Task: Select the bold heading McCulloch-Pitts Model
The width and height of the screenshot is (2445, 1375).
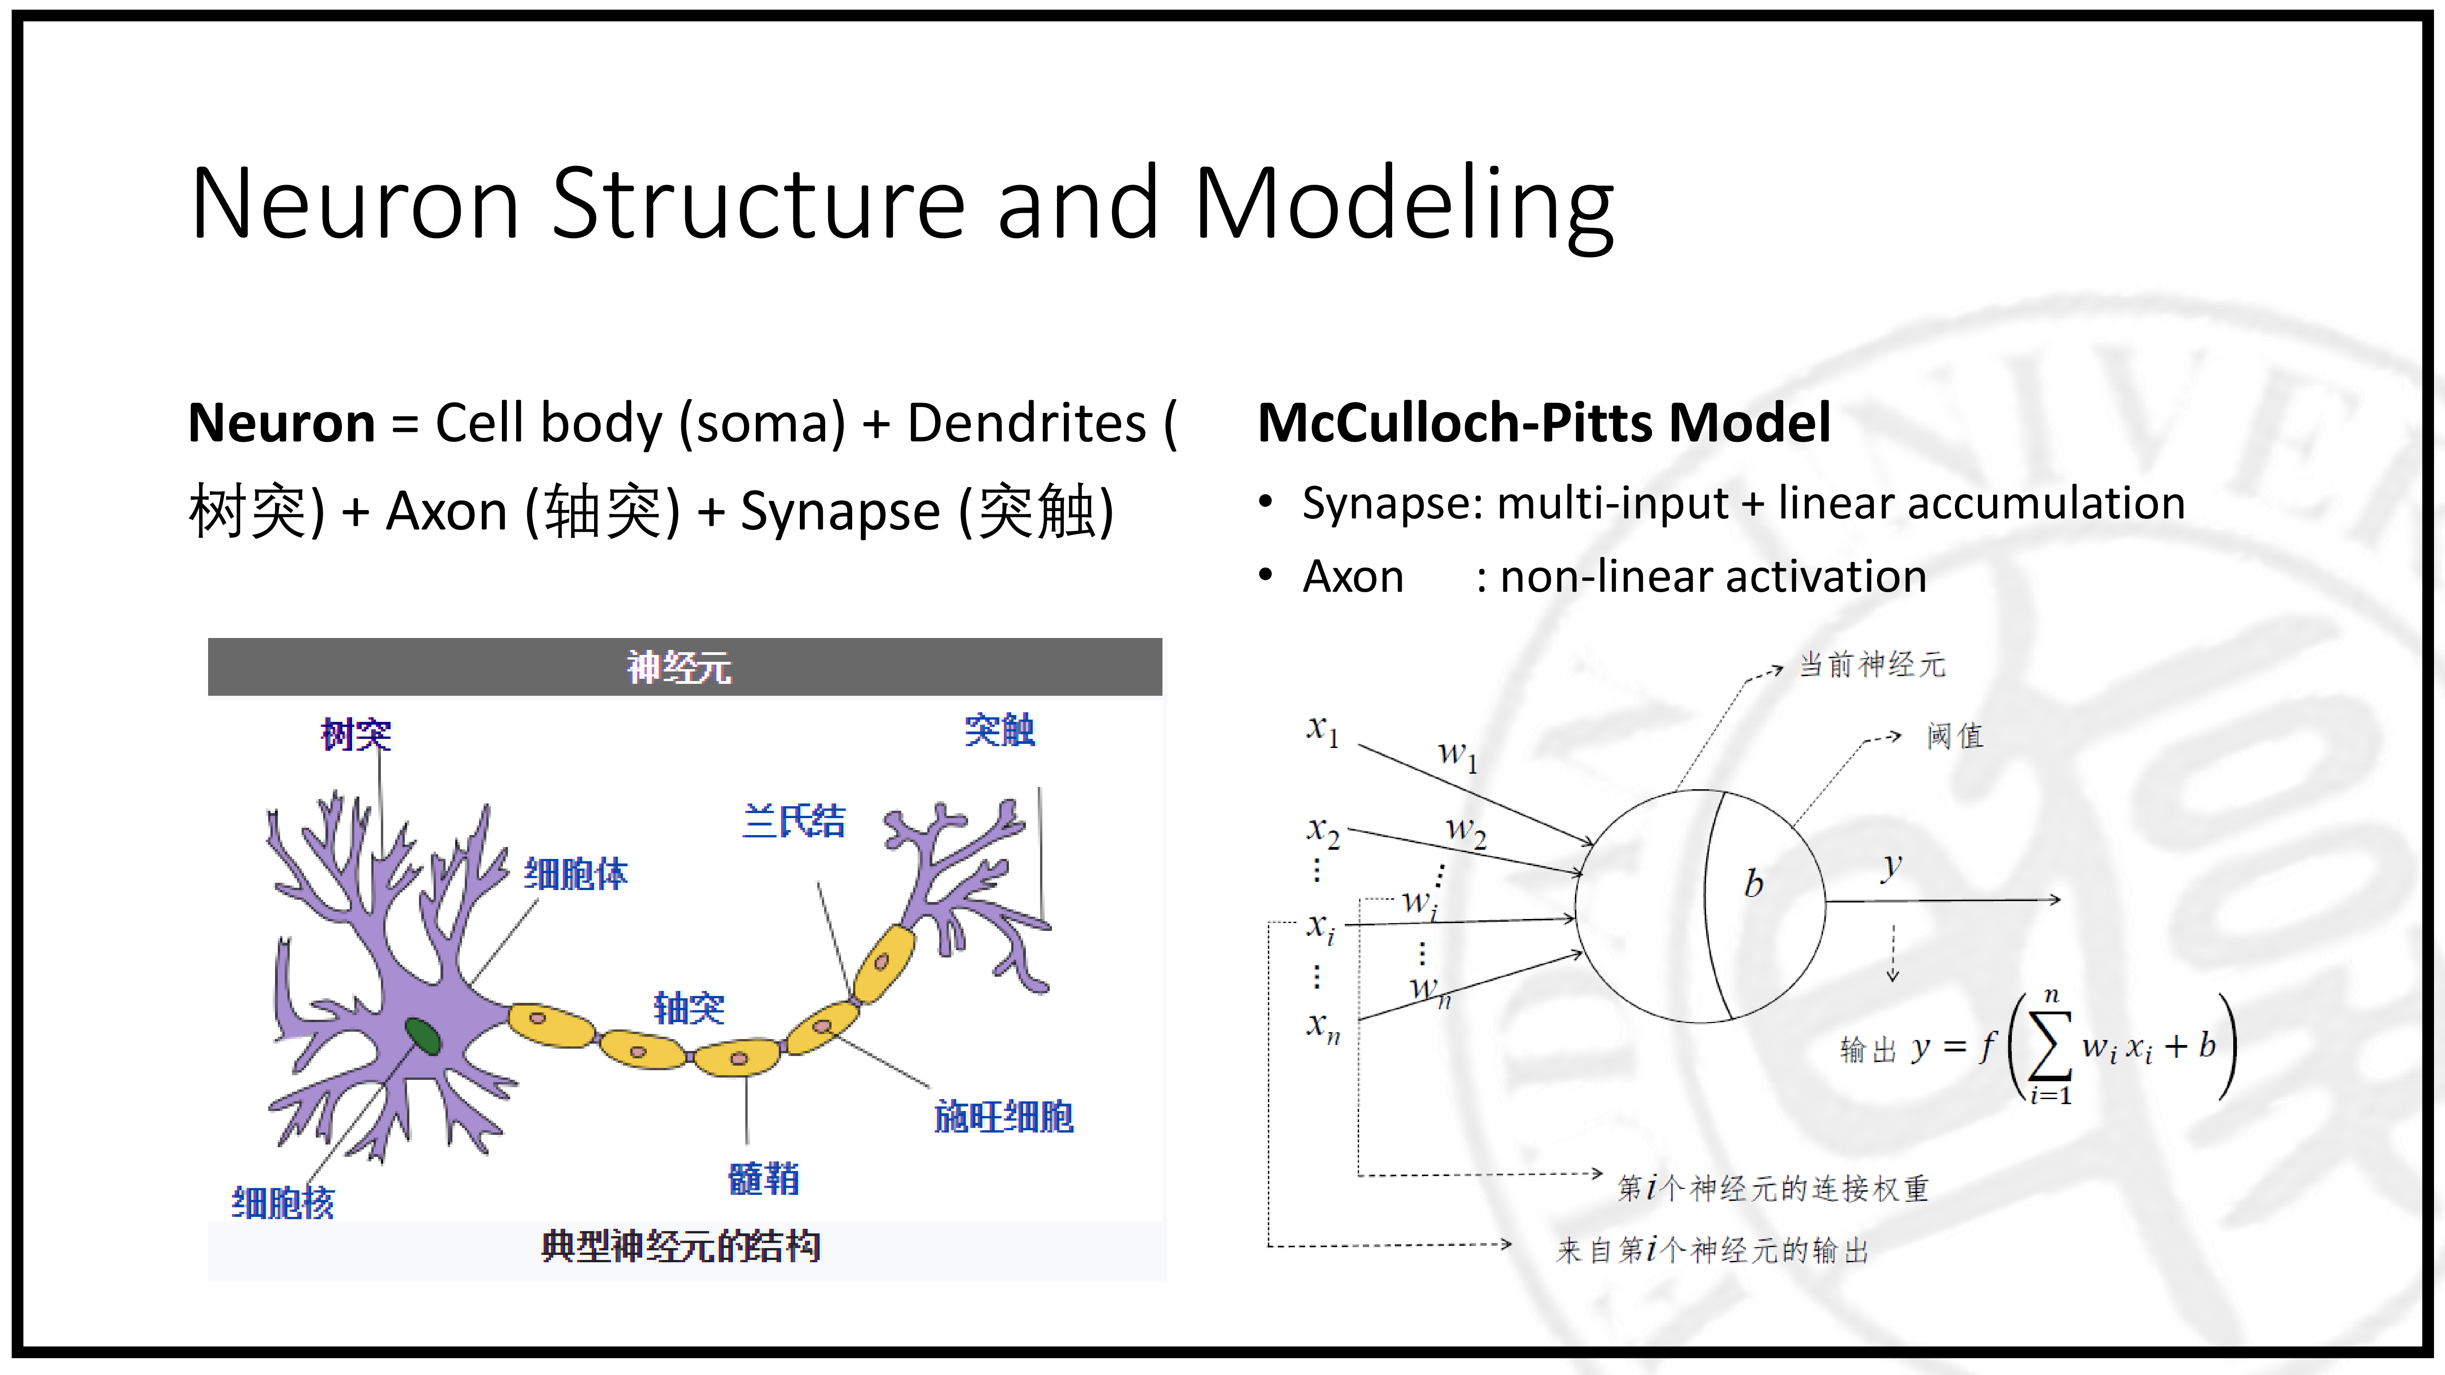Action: pos(1543,423)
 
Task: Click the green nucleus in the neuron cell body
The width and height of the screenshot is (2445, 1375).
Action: pos(422,1036)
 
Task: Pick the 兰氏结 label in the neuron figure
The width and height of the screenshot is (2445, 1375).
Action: pos(793,821)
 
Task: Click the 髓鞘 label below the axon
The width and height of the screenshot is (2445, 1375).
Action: pos(764,1178)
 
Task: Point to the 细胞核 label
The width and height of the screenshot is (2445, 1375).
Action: pos(283,1202)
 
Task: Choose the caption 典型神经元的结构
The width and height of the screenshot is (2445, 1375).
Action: pos(681,1246)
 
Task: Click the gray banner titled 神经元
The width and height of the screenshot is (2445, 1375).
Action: pos(684,667)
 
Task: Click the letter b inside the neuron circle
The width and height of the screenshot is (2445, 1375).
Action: pos(1753,884)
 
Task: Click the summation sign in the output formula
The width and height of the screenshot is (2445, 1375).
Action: pos(2049,1047)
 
